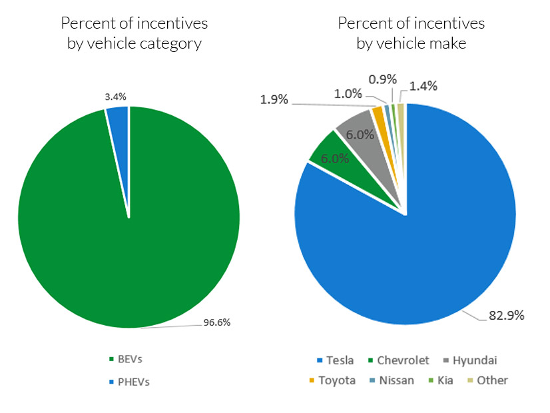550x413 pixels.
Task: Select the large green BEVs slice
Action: coord(127,240)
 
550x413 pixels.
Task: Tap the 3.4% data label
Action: coord(115,97)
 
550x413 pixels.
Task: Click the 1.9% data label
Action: coord(274,99)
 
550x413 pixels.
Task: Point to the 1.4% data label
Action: coord(423,85)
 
